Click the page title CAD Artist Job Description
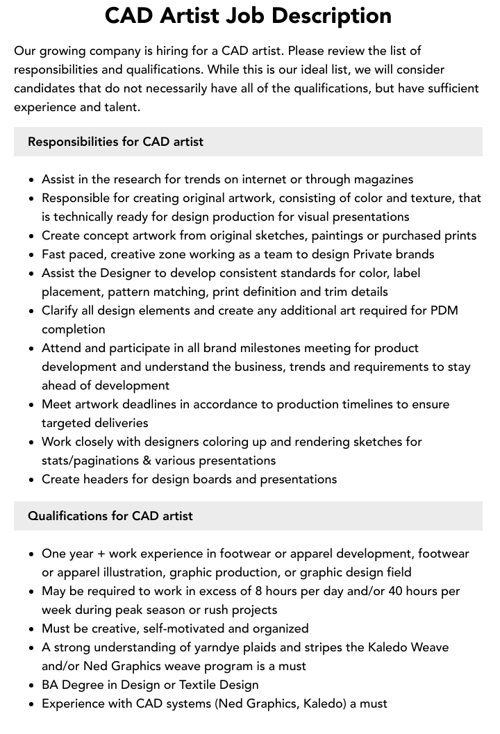point(248,16)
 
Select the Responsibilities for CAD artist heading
point(115,142)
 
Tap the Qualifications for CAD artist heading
point(110,516)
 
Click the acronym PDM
point(444,310)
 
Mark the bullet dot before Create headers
point(32,480)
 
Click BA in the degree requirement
point(50,685)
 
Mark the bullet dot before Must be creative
point(32,629)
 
